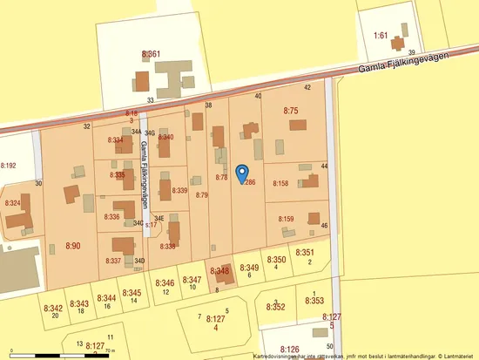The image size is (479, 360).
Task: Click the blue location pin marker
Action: [x=244, y=174]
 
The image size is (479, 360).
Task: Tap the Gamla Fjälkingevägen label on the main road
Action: [x=408, y=67]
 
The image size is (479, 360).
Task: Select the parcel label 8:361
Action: [x=151, y=54]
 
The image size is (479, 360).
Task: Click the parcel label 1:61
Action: [x=380, y=35]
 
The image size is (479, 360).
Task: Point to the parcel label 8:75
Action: [x=291, y=111]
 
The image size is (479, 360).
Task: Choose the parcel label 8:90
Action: [x=72, y=247]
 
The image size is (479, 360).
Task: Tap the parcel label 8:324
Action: [x=13, y=202]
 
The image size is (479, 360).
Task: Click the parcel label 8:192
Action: [x=9, y=164]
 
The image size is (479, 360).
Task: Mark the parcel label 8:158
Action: [x=280, y=183]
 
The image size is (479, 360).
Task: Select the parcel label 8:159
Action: [x=286, y=219]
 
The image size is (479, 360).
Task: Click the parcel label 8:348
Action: [x=219, y=272]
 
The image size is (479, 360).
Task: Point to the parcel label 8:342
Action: [x=54, y=308]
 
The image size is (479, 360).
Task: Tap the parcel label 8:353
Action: [x=314, y=300]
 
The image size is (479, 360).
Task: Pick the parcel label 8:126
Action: [x=290, y=349]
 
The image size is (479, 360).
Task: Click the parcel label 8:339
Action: [x=180, y=190]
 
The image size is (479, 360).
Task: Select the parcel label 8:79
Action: [x=202, y=195]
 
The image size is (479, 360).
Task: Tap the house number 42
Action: [x=307, y=87]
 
